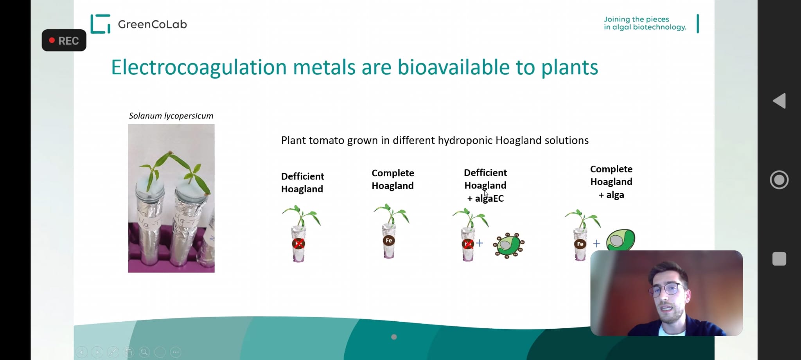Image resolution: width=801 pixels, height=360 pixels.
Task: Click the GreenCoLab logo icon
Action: tap(100, 24)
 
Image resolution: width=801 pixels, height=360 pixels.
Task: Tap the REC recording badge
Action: tap(64, 40)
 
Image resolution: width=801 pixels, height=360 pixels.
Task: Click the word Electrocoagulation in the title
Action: tap(199, 67)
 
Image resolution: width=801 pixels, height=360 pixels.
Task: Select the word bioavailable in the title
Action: tap(454, 67)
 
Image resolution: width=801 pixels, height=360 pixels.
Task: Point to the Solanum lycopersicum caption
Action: tap(171, 116)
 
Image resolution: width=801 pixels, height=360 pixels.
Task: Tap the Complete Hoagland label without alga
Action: tap(393, 179)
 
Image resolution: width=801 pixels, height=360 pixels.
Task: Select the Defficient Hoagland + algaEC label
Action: tap(485, 185)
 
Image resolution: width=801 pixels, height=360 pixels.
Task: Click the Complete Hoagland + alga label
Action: tap(611, 182)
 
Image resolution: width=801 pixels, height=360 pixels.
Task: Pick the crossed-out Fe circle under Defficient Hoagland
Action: tap(298, 244)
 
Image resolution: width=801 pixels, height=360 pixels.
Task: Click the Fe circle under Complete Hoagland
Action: tap(389, 240)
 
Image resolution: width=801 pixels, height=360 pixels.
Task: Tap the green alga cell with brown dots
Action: tap(508, 245)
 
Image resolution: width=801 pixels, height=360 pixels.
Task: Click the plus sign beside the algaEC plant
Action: tap(480, 243)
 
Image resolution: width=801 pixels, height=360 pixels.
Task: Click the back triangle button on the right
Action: tap(779, 101)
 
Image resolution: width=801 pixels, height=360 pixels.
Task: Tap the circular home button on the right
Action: tap(779, 180)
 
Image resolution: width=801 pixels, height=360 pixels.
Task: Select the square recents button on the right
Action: tap(779, 259)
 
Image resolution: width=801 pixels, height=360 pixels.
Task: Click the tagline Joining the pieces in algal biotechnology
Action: tap(645, 23)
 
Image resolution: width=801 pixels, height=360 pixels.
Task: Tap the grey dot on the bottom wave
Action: tap(394, 337)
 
